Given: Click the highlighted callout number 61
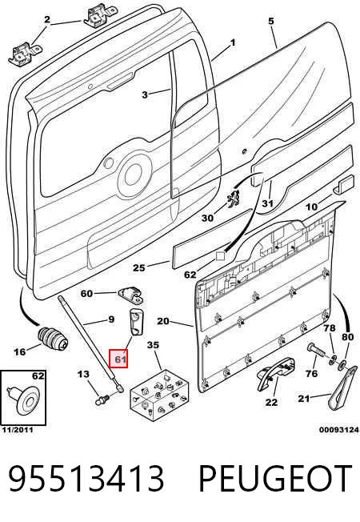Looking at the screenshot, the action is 119,359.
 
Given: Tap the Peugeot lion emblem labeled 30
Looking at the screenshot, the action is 234,199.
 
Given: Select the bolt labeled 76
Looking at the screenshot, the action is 317,350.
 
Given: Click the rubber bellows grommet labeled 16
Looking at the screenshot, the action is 53,339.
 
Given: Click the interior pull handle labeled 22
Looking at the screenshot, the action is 275,373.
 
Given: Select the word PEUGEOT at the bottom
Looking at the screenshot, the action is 275,479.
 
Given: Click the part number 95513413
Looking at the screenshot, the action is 86,479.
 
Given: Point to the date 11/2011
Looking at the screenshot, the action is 18,430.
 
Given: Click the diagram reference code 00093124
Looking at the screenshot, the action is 339,430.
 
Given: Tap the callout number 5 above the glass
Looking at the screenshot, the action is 271,21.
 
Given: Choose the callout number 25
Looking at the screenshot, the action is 139,267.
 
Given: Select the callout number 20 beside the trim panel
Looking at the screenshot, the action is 163,321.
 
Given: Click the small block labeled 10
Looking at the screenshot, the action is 343,183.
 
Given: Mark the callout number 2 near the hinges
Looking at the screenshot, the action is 47,19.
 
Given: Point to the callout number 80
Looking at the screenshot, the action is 347,337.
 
